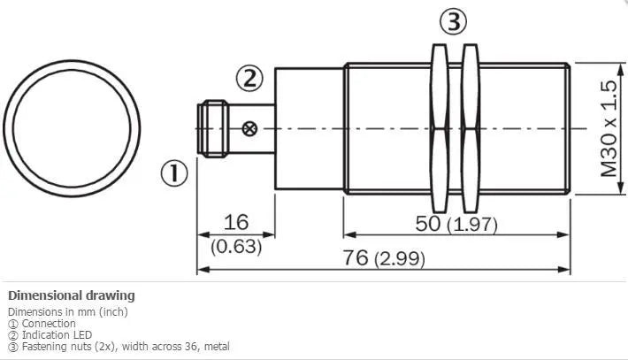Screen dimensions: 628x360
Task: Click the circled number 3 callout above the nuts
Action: (x=454, y=21)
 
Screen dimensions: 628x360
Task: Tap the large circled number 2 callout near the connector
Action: (x=250, y=78)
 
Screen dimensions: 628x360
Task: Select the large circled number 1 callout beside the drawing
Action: (x=174, y=173)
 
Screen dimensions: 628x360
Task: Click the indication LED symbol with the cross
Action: (x=249, y=128)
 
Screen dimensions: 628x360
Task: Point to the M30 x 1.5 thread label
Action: (x=609, y=128)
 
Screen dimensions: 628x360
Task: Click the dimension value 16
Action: (x=236, y=222)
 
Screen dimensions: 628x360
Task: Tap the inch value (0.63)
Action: (x=236, y=246)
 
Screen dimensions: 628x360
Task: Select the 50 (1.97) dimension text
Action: (x=456, y=224)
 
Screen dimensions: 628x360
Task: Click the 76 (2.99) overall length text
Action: (x=383, y=258)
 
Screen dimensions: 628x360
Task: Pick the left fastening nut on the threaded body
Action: (x=440, y=128)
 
